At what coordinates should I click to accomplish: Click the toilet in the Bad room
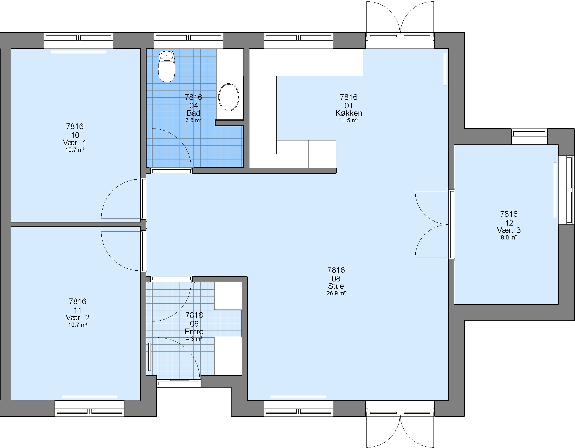tap(167, 67)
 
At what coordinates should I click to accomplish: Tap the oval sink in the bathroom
tap(229, 97)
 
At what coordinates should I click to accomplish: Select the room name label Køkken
tap(349, 113)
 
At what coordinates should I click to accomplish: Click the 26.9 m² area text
tap(336, 293)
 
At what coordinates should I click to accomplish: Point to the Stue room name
tap(336, 286)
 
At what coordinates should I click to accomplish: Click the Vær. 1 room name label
tap(75, 142)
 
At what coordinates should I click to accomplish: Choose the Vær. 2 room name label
tap(78, 317)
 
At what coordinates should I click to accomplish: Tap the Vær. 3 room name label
tap(509, 230)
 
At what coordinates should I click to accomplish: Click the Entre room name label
tap(194, 331)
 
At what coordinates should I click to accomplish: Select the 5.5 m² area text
tap(193, 120)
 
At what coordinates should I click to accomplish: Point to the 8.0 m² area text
tap(509, 237)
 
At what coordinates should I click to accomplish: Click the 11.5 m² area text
tap(349, 120)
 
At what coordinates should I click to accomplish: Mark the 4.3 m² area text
tap(194, 339)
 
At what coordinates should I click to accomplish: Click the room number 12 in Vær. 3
tap(509, 222)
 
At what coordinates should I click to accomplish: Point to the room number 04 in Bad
tap(193, 106)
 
